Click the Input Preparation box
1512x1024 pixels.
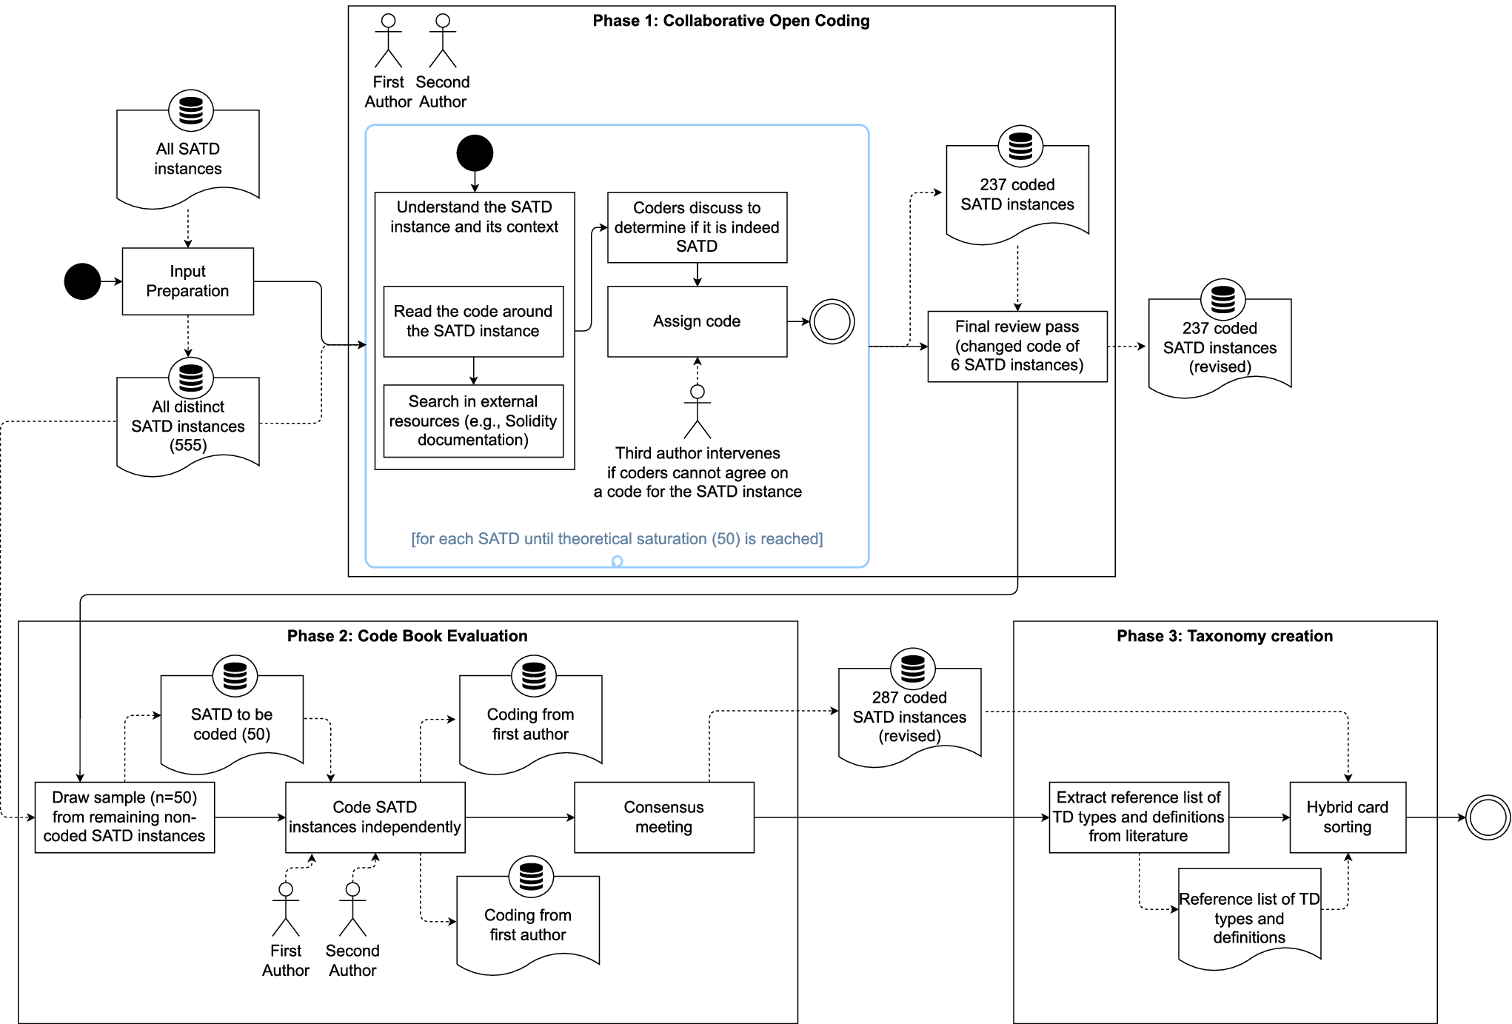tap(187, 281)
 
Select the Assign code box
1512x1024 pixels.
tap(697, 321)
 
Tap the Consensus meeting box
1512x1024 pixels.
tap(663, 817)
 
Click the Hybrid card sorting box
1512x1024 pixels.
tap(1347, 817)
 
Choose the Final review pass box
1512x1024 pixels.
tap(1017, 346)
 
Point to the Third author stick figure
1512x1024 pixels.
tap(697, 412)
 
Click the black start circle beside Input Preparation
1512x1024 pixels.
tap(82, 281)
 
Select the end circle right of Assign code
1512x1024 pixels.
tap(832, 321)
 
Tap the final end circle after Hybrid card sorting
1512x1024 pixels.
tap(1488, 817)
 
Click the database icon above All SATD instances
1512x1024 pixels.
tap(190, 110)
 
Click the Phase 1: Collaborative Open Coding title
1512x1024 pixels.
tap(731, 21)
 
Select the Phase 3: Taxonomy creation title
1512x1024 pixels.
tap(1224, 636)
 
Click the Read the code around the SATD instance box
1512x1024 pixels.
tap(473, 321)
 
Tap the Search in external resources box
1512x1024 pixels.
tap(473, 421)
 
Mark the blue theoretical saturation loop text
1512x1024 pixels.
tap(616, 539)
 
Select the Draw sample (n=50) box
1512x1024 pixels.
tap(124, 817)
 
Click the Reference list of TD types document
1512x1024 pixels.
tap(1248, 918)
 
